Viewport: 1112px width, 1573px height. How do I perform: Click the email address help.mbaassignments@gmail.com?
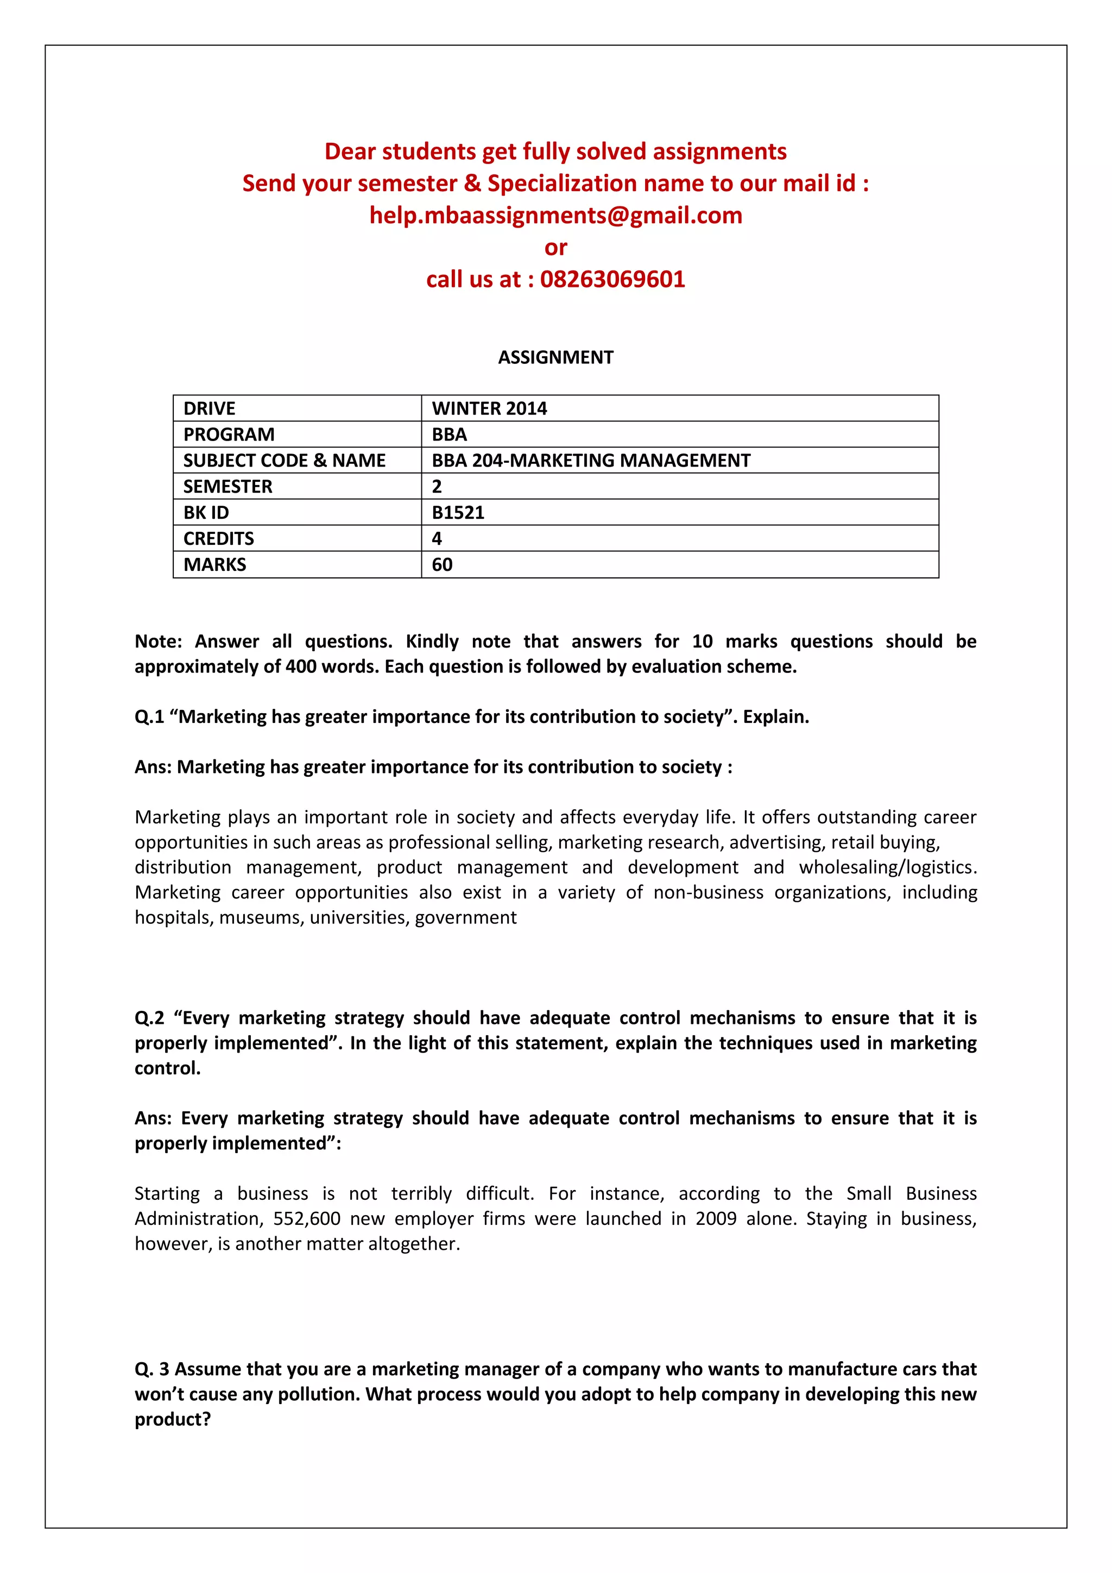click(x=555, y=216)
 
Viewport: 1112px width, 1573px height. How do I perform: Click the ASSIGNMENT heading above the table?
click(x=555, y=357)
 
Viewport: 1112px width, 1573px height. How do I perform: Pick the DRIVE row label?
click(x=209, y=409)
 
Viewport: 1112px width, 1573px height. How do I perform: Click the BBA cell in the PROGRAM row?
click(x=449, y=435)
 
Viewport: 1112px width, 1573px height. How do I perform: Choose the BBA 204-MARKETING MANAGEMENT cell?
click(x=590, y=461)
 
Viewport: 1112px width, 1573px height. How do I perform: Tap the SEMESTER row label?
click(x=228, y=487)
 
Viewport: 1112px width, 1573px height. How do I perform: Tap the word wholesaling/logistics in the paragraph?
click(x=887, y=867)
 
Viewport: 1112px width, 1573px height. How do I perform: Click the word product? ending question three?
click(x=173, y=1419)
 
